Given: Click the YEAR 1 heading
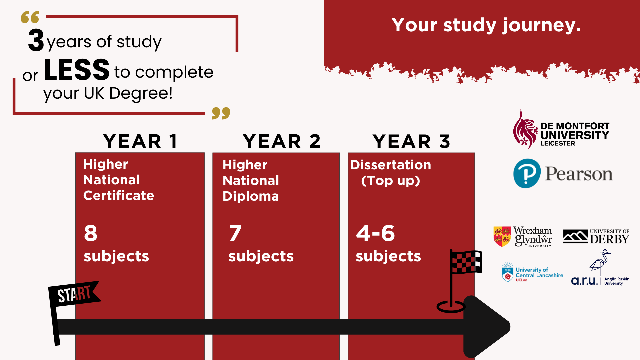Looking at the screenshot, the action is pos(140,141).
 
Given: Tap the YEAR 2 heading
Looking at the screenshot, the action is pos(282,141).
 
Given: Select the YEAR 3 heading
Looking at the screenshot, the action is pos(412,141).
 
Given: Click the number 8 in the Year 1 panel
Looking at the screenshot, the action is pos(91,233).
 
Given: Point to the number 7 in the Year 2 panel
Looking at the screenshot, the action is pos(235,233).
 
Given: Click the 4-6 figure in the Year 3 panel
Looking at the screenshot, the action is pos(375,233).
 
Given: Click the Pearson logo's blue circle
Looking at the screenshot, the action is pos(527,173).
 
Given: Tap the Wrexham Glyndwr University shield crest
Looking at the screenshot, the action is pos(502,236).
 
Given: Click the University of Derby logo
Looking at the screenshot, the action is pos(596,237).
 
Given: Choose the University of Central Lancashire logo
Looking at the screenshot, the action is pos(532,272).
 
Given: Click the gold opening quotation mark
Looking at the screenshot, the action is pos(30,17).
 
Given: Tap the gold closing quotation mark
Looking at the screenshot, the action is pos(221,113).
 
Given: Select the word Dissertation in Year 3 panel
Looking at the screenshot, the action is pos(391,165).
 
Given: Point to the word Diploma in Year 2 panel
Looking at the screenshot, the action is pos(251,196).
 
